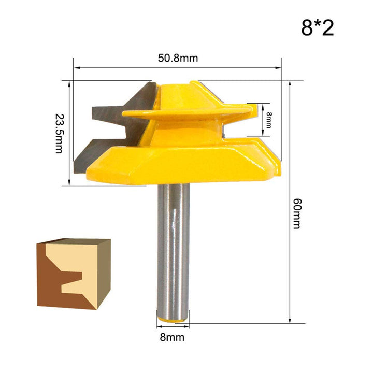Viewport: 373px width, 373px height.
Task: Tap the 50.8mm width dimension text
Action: (x=178, y=58)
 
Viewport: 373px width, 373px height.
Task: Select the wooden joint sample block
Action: (x=74, y=273)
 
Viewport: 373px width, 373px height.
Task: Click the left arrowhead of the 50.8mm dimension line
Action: (x=76, y=67)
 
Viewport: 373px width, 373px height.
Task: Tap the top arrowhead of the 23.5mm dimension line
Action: (x=69, y=82)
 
